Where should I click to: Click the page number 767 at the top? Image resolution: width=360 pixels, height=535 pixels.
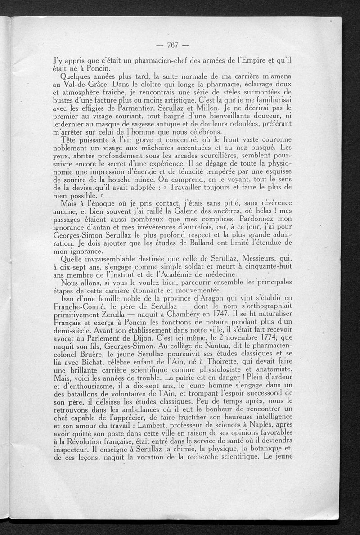(x=173, y=45)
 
